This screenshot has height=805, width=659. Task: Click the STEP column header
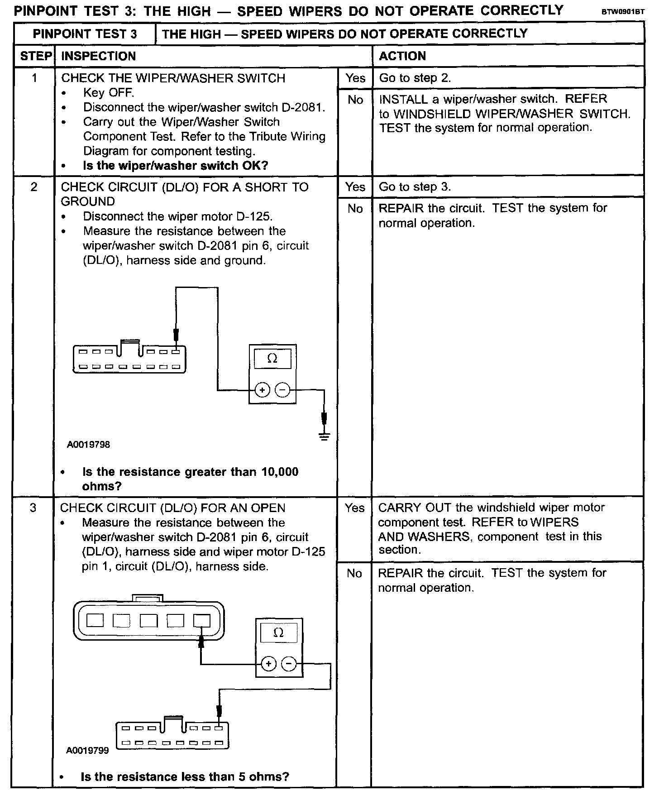(35, 56)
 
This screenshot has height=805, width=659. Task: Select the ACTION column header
(402, 56)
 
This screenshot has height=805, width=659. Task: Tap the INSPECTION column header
(98, 56)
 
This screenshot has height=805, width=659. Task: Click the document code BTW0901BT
(622, 12)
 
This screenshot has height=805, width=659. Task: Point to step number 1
(34, 78)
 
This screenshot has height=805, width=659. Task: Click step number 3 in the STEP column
(33, 508)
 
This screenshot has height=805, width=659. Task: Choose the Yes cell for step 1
(355, 78)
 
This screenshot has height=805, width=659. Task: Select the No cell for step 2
(355, 209)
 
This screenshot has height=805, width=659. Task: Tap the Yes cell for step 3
(354, 508)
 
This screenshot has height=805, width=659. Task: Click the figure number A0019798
(89, 445)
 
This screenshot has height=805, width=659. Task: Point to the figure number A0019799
(88, 751)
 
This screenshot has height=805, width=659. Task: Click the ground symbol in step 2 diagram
(324, 436)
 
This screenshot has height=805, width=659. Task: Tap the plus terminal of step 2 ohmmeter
(263, 390)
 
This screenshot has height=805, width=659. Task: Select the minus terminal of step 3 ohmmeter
(289, 664)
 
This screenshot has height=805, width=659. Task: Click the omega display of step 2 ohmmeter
(272, 359)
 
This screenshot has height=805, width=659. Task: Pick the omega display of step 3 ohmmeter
(278, 632)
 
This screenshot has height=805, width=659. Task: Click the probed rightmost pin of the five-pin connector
(201, 620)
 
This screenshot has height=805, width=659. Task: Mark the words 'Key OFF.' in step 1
(109, 93)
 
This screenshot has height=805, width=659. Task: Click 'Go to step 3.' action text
(415, 187)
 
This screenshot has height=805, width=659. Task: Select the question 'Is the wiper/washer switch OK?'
(176, 166)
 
